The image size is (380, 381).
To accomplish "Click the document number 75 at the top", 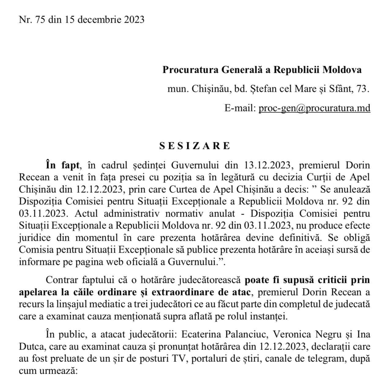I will (40, 20).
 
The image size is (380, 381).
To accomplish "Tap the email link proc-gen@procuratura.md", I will (315, 108).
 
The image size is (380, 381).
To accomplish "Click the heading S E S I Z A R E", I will (195, 146).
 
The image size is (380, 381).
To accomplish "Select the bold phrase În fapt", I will (63, 165).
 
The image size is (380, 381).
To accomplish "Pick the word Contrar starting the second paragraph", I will (63, 280).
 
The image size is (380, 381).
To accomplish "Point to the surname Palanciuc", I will (245, 334).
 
